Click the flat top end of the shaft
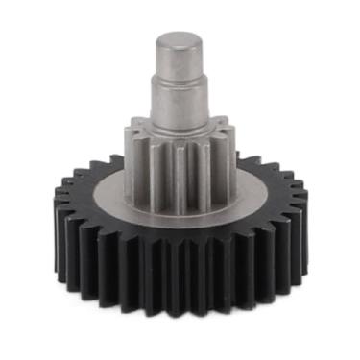180,40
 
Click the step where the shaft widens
180,84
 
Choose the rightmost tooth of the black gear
300,216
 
